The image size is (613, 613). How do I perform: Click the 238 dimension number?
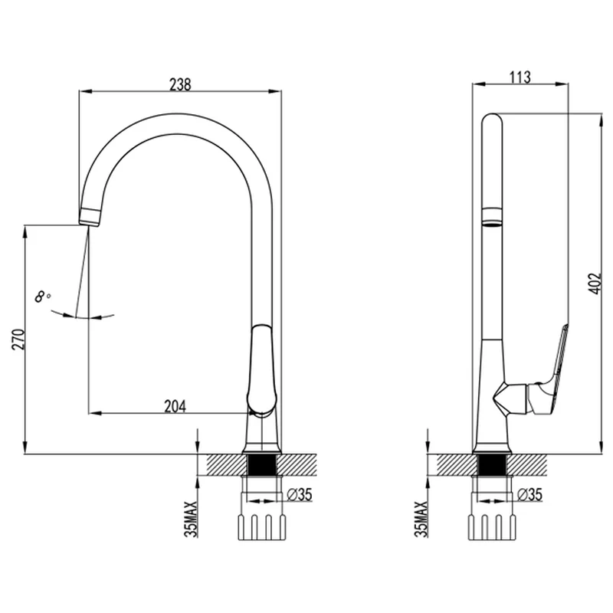coord(180,84)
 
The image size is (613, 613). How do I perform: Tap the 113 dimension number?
coord(520,77)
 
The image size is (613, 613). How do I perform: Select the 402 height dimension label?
coord(594,284)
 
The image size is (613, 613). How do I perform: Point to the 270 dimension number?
coord(18,339)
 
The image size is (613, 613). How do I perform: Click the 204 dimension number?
coord(175,406)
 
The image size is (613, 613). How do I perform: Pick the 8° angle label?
coord(43,297)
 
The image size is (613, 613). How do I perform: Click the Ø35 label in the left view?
coord(300,494)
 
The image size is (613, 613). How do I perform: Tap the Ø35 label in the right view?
coord(529,494)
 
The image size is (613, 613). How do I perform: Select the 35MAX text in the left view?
coord(192,519)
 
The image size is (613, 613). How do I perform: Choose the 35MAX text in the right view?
coord(422,519)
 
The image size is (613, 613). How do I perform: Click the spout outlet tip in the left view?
coord(90,217)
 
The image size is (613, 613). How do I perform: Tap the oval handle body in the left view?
coord(261,369)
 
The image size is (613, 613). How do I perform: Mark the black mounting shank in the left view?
coord(261,465)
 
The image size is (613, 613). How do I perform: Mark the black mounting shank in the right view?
coord(492,465)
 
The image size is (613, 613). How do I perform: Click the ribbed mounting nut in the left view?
coord(261,527)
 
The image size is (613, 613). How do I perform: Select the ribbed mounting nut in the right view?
coord(492,527)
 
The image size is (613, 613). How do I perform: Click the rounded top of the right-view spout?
coord(492,120)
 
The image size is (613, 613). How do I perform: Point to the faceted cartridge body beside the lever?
coord(510,398)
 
